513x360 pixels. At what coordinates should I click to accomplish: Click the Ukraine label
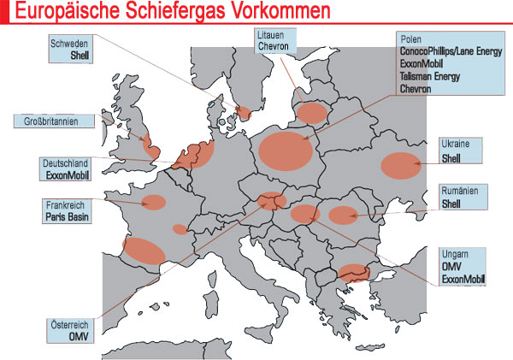453,145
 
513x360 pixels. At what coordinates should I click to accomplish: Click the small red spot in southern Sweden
245,112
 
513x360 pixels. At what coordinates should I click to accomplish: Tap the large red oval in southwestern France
144,250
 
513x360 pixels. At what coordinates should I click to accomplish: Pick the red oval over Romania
343,215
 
